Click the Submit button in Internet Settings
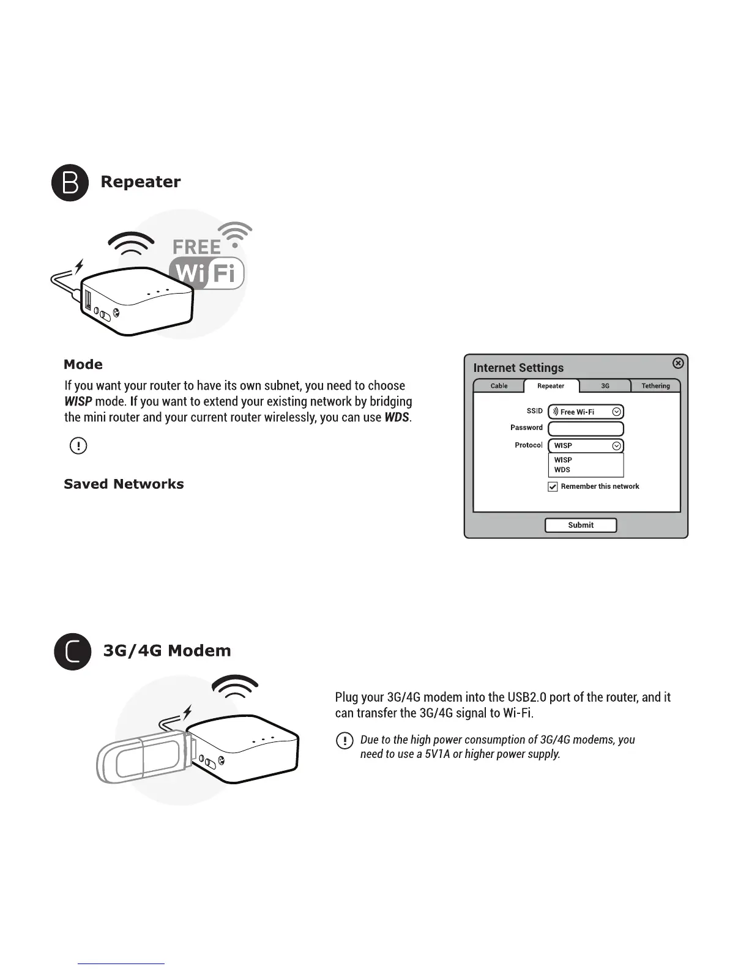[580, 525]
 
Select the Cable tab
[499, 386]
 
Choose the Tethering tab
[655, 386]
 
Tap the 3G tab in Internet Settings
[605, 386]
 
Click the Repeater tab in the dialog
[551, 386]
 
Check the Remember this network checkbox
[553, 487]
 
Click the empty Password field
[586, 428]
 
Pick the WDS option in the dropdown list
[562, 470]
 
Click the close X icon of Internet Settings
[678, 363]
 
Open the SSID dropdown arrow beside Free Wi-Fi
[617, 412]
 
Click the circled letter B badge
[70, 182]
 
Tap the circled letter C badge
[72, 652]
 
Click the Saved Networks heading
[124, 484]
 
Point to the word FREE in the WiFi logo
[196, 247]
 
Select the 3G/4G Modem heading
[167, 650]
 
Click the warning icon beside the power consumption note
[345, 741]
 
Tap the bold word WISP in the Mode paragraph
[78, 402]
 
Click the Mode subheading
[83, 365]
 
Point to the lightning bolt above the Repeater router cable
[78, 267]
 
